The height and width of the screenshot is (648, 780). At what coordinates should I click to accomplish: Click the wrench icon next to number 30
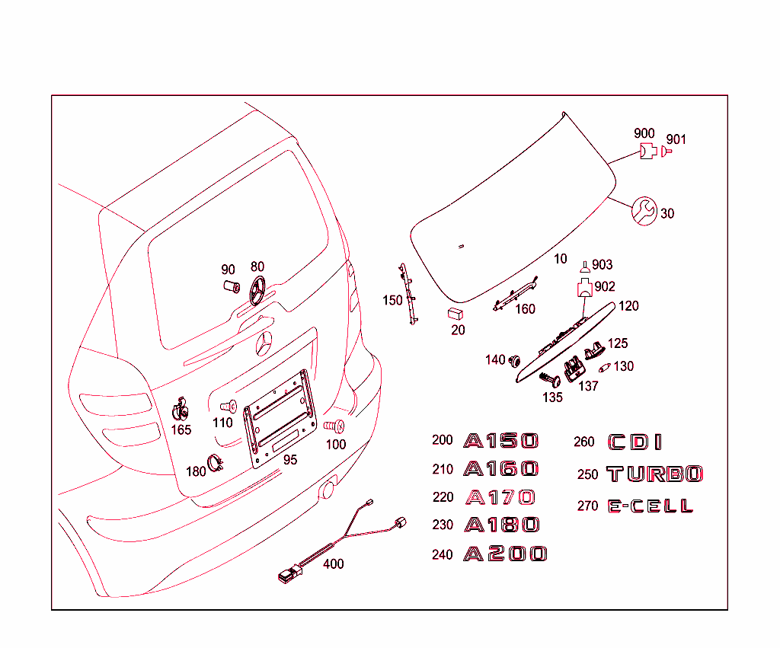point(644,211)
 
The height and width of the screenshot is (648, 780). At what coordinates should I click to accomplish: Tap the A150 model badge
point(501,441)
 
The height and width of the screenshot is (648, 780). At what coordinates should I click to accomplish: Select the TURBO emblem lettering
point(654,474)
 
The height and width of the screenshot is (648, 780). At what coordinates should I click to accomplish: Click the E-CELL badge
point(650,506)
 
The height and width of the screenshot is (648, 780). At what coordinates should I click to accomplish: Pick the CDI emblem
point(635,442)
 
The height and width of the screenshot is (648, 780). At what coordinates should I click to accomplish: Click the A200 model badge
point(506,554)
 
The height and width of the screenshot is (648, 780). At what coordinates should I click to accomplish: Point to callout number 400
point(333,564)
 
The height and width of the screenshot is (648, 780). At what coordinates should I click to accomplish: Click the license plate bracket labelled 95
point(280,417)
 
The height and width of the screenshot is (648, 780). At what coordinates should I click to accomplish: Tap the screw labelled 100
point(334,426)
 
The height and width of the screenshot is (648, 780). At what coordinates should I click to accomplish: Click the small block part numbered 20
point(456,313)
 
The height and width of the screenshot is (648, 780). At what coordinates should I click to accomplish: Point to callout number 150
point(392,301)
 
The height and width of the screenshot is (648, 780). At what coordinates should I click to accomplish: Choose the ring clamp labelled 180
point(215,460)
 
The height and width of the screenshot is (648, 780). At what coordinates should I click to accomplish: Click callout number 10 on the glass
point(560,259)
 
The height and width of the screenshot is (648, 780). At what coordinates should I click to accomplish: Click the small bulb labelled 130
point(606,368)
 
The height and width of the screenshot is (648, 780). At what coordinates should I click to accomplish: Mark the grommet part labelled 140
point(514,358)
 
